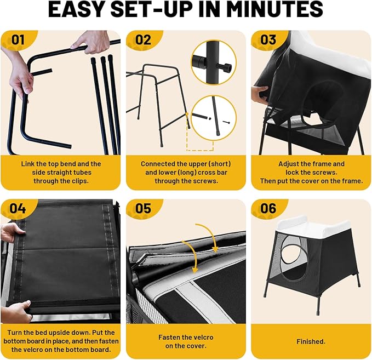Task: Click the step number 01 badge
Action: tap(18, 39)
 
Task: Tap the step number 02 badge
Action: tap(143, 39)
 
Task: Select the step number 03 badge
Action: tap(268, 39)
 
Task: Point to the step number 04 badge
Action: tap(18, 208)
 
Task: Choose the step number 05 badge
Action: tap(143, 208)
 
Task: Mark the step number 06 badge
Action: tap(268, 208)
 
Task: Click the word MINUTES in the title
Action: tap(274, 9)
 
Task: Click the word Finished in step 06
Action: tap(311, 341)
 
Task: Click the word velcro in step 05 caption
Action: tap(202, 337)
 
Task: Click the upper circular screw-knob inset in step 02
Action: tap(214, 62)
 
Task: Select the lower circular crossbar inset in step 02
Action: tap(214, 118)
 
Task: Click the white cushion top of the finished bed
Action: tap(313, 225)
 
